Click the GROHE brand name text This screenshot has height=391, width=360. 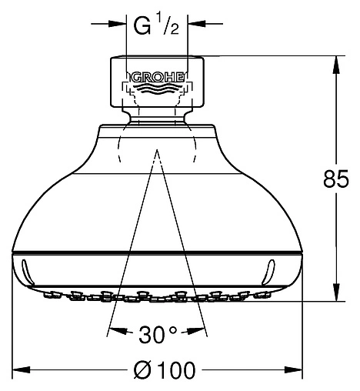point(158,77)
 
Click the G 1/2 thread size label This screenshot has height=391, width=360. point(156,25)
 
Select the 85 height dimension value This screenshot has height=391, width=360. point(336,179)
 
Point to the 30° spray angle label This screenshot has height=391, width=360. point(158,334)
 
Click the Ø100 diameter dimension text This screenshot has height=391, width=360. point(165,370)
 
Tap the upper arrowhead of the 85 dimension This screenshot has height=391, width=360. point(336,65)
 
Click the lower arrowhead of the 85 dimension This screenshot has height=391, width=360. point(336,292)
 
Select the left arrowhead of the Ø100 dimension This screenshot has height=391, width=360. point(22,370)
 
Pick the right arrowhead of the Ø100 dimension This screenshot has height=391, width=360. point(293,370)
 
